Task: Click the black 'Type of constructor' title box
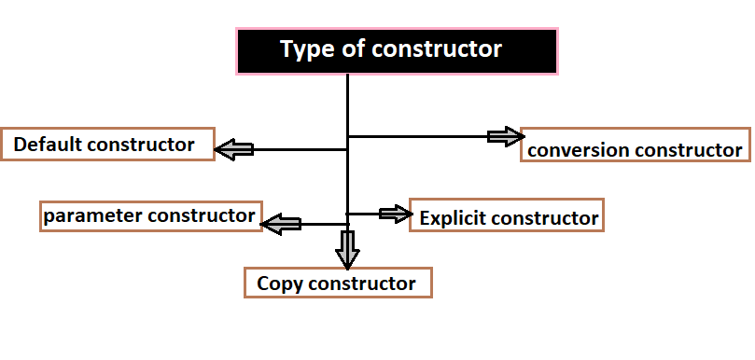(x=397, y=50)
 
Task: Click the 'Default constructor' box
(x=107, y=145)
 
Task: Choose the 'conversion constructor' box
(x=635, y=148)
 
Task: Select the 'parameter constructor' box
(x=150, y=216)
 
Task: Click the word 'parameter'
(x=88, y=216)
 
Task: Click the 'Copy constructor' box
(x=339, y=283)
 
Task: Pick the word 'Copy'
(x=278, y=284)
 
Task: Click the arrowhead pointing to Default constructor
(x=233, y=147)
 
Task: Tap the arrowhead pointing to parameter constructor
(x=279, y=224)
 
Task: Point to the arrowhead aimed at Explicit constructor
(x=396, y=214)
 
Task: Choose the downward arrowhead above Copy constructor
(x=347, y=249)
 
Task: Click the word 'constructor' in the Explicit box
(x=546, y=218)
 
